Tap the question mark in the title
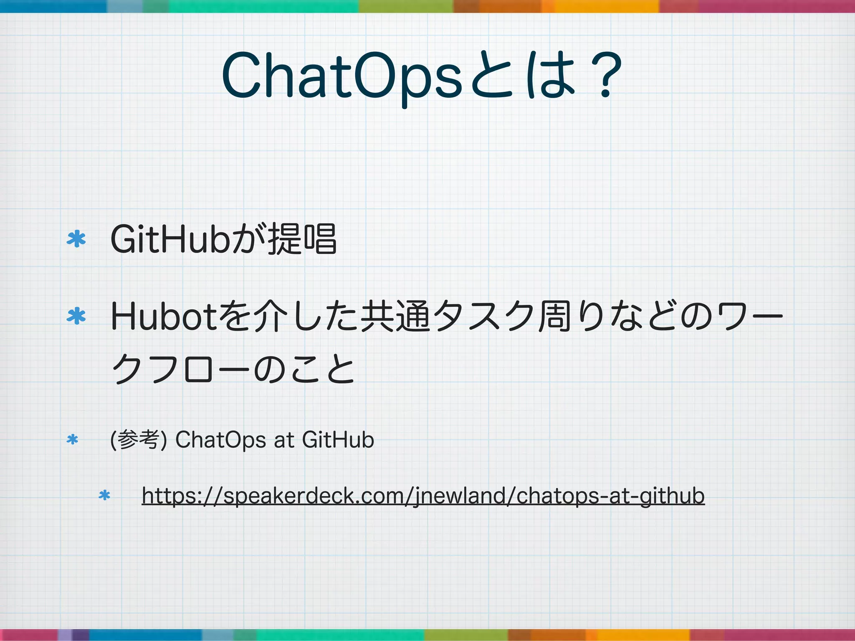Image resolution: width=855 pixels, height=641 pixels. (605, 75)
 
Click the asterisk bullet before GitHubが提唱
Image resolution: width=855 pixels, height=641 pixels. (76, 239)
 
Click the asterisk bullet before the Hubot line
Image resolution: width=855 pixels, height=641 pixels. (76, 316)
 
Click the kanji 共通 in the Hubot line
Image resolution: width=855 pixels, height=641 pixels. (395, 317)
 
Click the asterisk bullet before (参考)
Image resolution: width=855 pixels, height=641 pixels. (72, 439)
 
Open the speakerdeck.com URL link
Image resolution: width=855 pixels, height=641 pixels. (423, 496)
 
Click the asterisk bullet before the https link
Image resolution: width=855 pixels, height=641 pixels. (104, 495)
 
